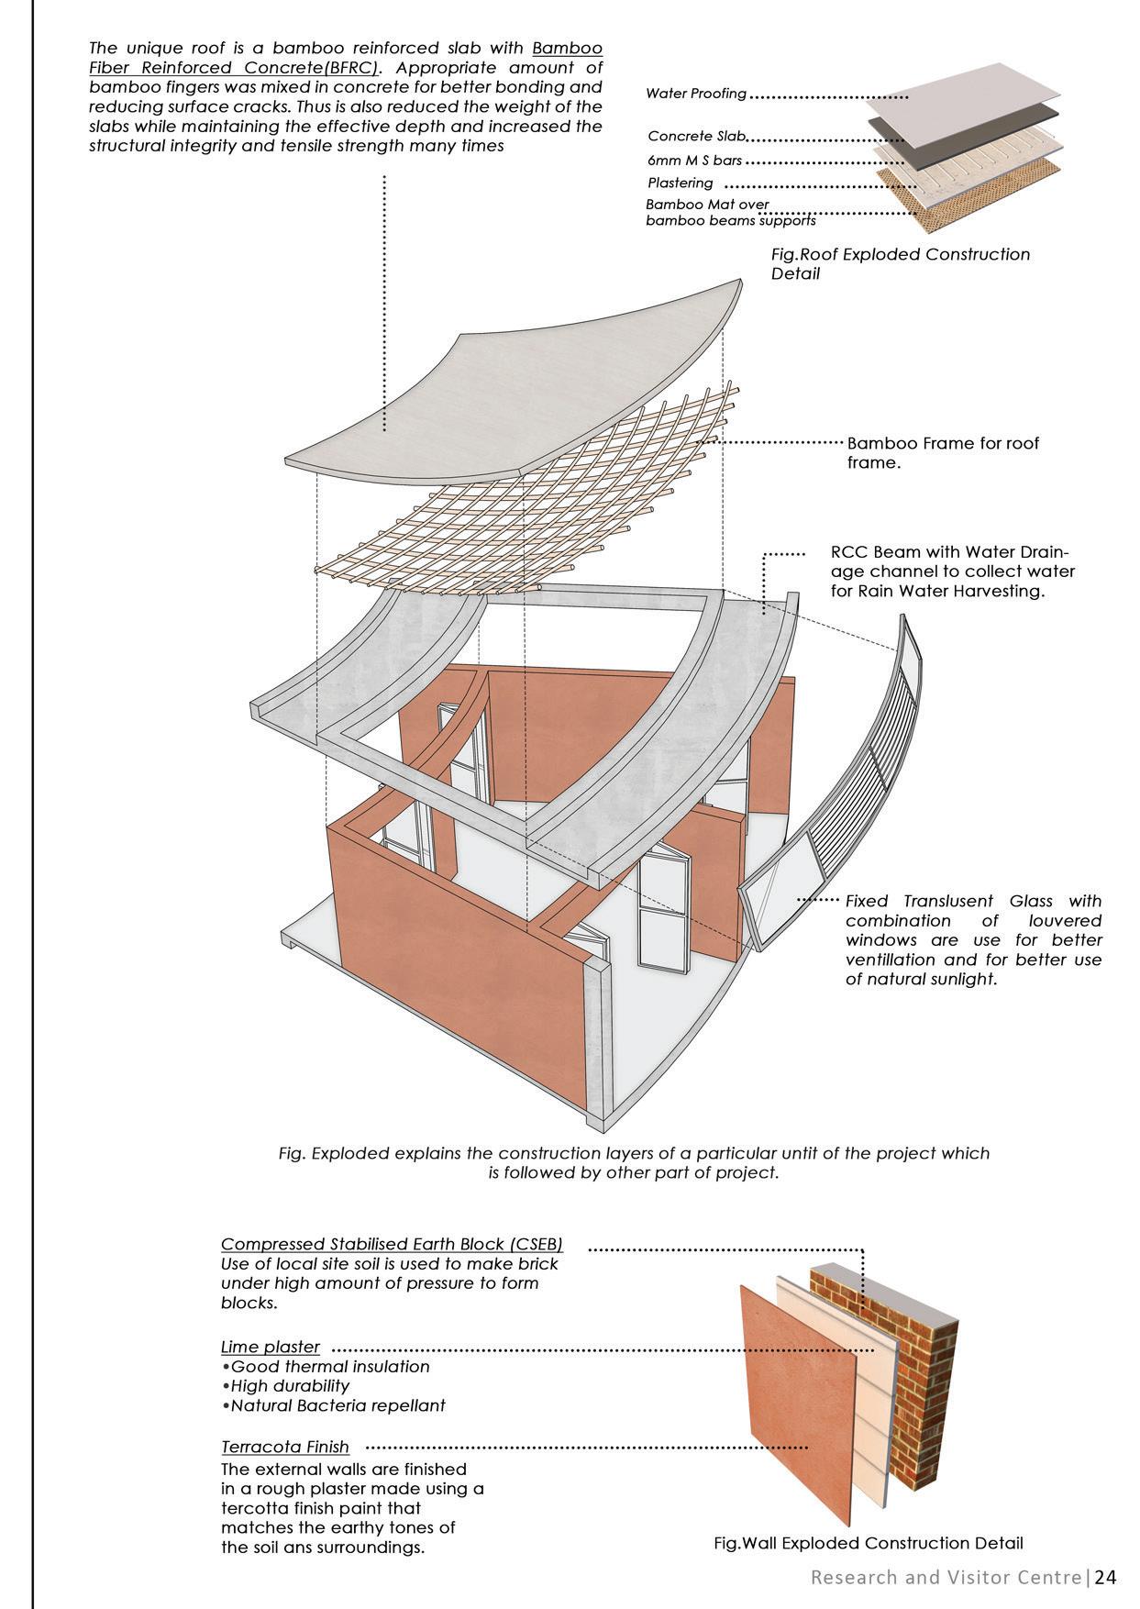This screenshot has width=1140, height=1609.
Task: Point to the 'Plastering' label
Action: tap(680, 183)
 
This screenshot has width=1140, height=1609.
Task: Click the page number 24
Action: tap(1105, 1578)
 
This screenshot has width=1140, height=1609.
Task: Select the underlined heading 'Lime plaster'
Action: tap(271, 1347)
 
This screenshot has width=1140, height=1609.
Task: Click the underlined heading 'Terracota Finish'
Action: tap(285, 1447)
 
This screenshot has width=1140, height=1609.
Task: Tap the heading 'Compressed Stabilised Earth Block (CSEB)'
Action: tap(392, 1244)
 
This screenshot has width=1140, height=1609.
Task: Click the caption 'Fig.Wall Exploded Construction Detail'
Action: tap(868, 1543)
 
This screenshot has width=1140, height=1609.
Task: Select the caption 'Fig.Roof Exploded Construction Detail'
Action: tap(900, 263)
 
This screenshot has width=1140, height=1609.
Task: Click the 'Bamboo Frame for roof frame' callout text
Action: tap(943, 452)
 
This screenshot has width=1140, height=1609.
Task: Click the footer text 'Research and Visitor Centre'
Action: tap(946, 1578)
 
